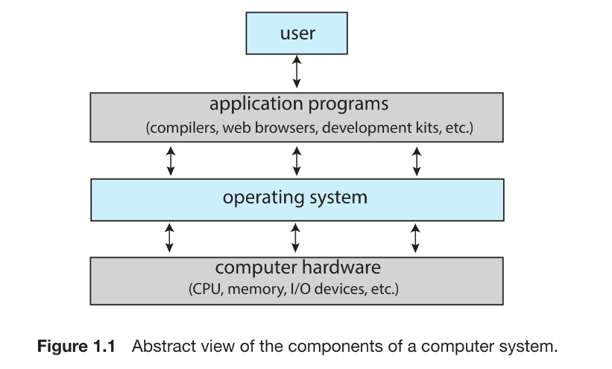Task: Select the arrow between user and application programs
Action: click(x=297, y=72)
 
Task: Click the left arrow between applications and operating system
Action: click(x=171, y=160)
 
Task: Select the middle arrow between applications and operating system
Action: click(x=297, y=160)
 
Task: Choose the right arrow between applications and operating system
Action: click(x=416, y=160)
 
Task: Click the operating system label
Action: click(x=295, y=198)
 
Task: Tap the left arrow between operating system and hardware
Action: click(x=171, y=237)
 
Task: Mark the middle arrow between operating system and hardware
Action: click(x=296, y=237)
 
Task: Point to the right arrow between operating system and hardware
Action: click(x=416, y=237)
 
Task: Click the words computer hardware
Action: click(x=297, y=268)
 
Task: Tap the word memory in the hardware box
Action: click(x=257, y=289)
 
